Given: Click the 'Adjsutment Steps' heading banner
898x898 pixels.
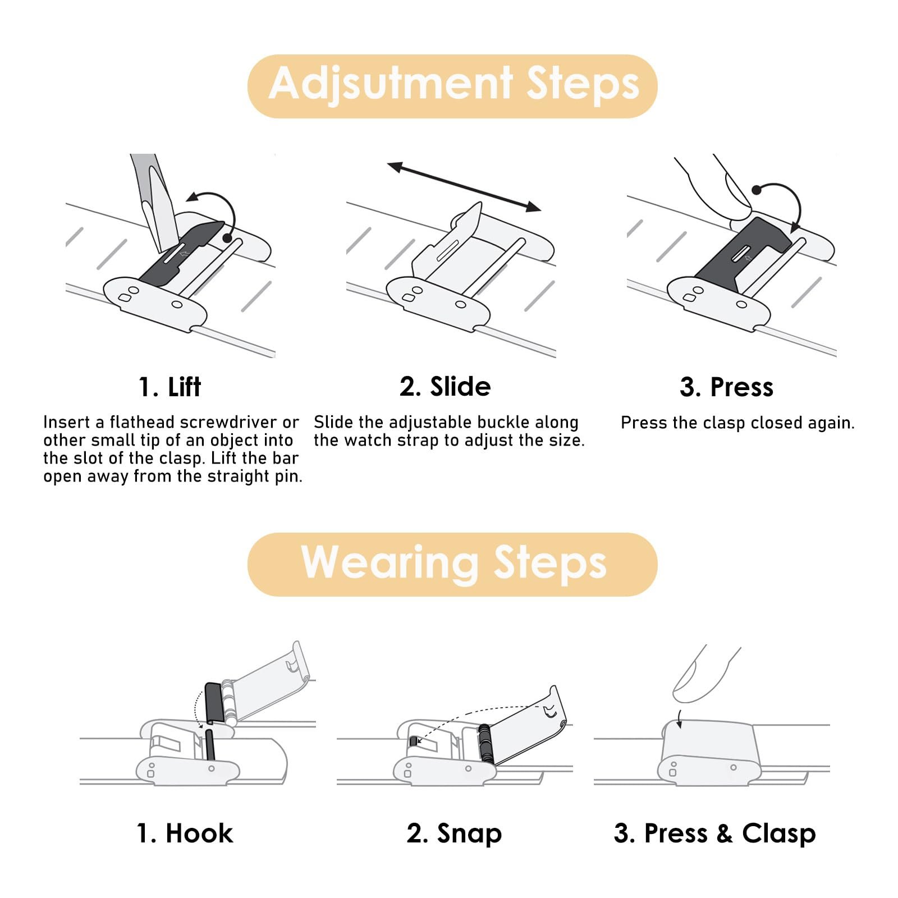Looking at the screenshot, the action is point(452,86).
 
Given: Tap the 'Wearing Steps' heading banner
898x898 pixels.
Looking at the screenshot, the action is point(452,564).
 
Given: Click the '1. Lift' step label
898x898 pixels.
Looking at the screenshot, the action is point(169,387).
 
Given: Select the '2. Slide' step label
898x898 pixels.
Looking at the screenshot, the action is point(445,386).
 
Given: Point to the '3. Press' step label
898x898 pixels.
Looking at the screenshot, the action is point(727,387).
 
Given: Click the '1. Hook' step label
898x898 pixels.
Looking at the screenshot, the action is point(185,833).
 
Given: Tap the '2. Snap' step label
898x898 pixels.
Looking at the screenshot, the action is point(454,834).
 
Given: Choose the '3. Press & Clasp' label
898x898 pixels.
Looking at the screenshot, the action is point(715,834).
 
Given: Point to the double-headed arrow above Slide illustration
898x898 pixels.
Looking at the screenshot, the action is point(464,187).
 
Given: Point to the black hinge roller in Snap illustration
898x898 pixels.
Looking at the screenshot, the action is point(485,743).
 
